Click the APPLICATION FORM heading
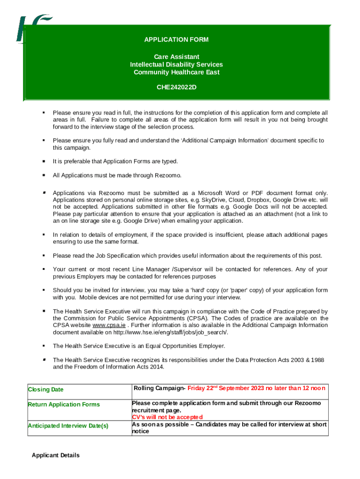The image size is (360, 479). pos(176,40)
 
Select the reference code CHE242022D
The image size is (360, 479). pos(176,87)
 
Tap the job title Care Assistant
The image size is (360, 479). pos(176,57)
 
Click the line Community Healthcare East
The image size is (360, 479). pos(176,72)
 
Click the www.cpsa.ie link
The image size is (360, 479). pos(108,325)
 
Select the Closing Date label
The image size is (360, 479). pos(46,390)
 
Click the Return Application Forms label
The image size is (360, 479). pos(64,405)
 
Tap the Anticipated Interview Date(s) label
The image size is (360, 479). pos(68,426)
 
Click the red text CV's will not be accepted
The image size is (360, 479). pos(167,417)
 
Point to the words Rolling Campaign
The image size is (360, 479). pos(159,388)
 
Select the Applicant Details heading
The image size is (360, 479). pos(56,455)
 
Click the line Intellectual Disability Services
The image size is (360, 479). pos(176,65)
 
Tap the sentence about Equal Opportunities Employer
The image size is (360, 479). pos(139,346)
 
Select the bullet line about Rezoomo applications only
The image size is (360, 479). pos(116,175)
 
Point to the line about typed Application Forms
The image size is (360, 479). pos(115,161)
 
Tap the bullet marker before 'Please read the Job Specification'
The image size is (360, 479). pos(43,255)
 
